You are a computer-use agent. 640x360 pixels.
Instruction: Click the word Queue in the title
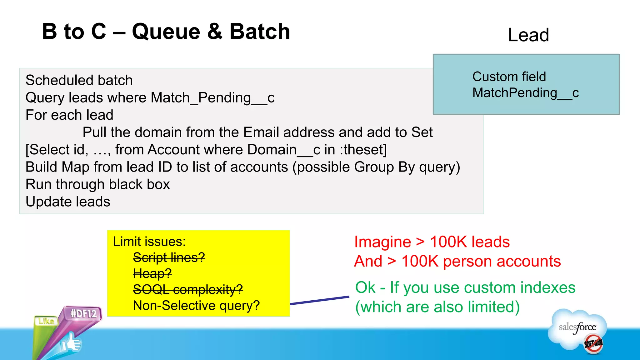(x=166, y=32)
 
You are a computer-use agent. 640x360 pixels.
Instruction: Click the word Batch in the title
(x=260, y=32)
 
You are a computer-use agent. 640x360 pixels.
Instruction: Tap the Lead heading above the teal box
(x=528, y=35)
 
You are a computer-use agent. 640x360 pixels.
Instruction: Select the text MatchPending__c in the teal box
(x=525, y=93)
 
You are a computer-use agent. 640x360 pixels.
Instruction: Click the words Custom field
(x=509, y=77)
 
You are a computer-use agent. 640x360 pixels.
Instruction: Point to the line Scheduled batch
(x=79, y=80)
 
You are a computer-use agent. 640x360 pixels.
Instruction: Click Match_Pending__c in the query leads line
(x=212, y=98)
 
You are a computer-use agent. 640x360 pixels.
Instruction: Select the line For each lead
(x=69, y=115)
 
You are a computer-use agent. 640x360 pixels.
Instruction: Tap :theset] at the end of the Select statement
(x=363, y=150)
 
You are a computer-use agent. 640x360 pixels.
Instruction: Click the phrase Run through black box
(x=97, y=184)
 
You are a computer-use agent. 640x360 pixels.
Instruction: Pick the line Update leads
(x=68, y=202)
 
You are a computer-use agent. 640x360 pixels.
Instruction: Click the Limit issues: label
(x=149, y=242)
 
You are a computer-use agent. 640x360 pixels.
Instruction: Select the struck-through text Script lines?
(x=169, y=257)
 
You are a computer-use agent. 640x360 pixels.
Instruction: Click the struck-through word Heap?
(x=152, y=273)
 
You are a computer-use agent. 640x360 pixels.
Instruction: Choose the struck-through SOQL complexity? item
(x=188, y=289)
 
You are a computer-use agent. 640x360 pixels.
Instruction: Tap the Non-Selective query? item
(x=196, y=305)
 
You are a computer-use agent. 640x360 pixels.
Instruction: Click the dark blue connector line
(x=319, y=300)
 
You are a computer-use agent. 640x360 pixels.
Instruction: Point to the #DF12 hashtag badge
(x=83, y=313)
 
